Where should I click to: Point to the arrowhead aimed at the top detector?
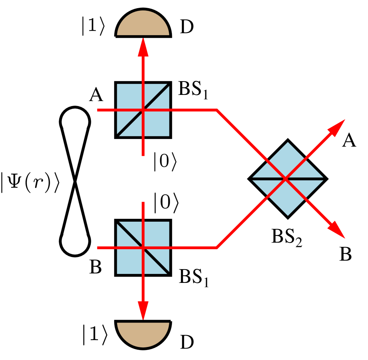click(143, 48)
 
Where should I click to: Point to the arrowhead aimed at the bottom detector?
click(143, 310)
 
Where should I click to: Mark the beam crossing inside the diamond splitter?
click(286, 179)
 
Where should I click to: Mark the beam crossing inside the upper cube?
click(143, 110)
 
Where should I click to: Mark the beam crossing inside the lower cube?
click(143, 248)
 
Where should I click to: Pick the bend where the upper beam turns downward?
click(217, 110)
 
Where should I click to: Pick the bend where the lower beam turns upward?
click(217, 248)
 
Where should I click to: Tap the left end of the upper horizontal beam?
click(99, 110)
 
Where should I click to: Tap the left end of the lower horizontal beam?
click(99, 248)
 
